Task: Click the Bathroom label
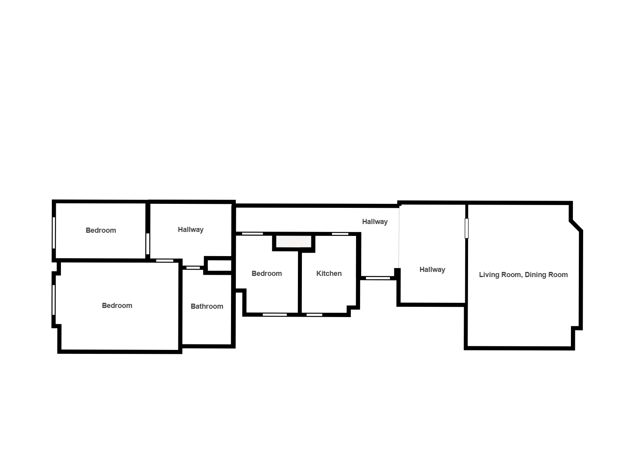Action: [x=207, y=306]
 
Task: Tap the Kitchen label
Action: [x=329, y=274]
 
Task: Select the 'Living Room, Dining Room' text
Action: [x=523, y=275]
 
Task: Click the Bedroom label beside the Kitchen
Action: [x=267, y=274]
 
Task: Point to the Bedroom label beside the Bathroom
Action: [x=117, y=306]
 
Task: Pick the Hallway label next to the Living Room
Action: [x=432, y=270]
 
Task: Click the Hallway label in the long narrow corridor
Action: [x=375, y=222]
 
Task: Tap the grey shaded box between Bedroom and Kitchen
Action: [x=294, y=241]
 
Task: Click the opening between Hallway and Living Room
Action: [x=466, y=228]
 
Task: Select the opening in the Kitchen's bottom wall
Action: [x=314, y=315]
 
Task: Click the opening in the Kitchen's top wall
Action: [x=340, y=234]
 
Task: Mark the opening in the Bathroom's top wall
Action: [x=193, y=268]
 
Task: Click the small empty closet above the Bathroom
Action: [x=220, y=265]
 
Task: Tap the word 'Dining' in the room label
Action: [x=533, y=275]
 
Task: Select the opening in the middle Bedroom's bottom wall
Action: [x=275, y=315]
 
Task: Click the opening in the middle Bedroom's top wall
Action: [x=252, y=234]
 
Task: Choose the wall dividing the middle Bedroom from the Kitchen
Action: [x=299, y=283]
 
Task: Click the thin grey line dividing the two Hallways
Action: [x=399, y=238]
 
